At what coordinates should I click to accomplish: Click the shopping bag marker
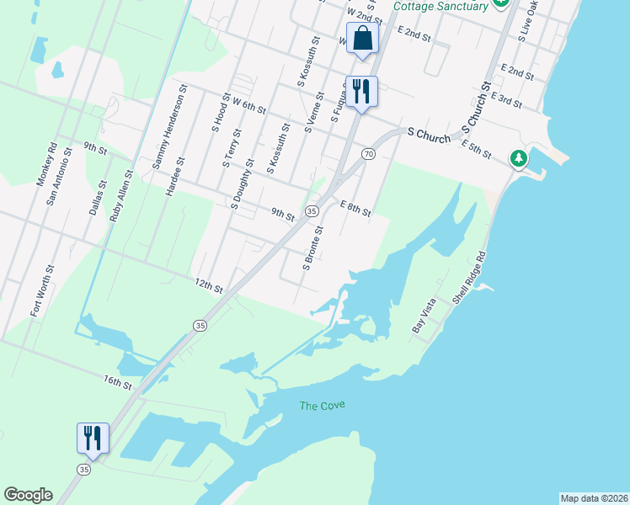click(362, 40)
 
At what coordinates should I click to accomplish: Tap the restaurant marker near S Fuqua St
click(361, 92)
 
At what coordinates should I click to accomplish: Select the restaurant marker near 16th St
click(93, 439)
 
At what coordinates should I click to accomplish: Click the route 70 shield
click(368, 153)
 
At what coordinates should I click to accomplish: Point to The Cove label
click(323, 406)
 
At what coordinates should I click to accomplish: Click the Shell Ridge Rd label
click(469, 277)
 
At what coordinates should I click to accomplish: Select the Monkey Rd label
click(52, 160)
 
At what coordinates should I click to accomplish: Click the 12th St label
click(208, 287)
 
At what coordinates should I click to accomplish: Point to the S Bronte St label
click(312, 248)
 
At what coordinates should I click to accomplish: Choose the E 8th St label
click(355, 208)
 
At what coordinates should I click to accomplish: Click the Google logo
click(28, 495)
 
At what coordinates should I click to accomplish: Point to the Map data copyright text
click(594, 498)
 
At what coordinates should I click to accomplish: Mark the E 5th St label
click(476, 151)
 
